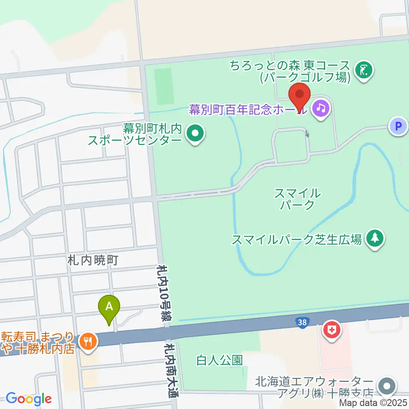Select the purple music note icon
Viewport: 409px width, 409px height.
321,109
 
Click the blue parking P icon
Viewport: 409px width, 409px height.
398,126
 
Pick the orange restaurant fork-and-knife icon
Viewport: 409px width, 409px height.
89,341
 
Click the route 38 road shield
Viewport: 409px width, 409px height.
302,323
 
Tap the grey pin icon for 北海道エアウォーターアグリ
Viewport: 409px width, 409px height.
387,386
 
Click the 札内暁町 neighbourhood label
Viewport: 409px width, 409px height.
92,260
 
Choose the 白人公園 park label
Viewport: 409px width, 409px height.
220,360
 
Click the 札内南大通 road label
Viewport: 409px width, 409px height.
173,366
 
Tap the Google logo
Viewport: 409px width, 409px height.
29,399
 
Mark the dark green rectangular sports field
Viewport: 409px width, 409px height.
164,86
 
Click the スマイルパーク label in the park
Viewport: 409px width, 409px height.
297,199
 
